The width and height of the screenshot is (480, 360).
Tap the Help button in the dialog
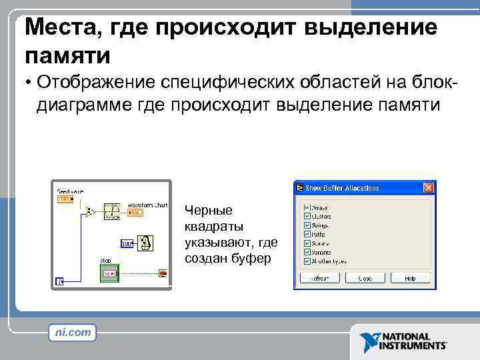(409, 278)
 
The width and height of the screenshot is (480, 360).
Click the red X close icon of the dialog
(429, 187)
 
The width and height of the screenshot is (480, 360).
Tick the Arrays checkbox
(307, 207)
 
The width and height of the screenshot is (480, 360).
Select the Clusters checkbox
(307, 216)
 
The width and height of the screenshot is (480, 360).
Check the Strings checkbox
(307, 225)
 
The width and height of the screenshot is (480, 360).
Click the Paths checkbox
(307, 234)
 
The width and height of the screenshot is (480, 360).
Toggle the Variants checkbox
(307, 251)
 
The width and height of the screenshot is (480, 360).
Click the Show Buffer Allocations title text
(342, 188)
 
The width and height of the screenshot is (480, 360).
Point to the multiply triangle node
(90, 212)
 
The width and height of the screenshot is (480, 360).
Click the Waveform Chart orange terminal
(135, 213)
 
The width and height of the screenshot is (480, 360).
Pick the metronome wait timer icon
(146, 243)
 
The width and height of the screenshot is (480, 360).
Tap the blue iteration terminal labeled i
(61, 281)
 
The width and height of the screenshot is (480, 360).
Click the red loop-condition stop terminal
(163, 272)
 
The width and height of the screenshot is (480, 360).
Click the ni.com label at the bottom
(72, 332)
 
